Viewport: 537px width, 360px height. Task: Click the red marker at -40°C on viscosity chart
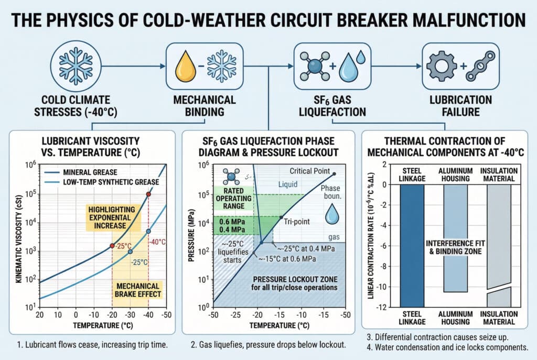coord(148,194)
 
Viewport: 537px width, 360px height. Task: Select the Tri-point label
coord(297,221)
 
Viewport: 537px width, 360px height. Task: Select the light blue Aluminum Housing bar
coord(455,238)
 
